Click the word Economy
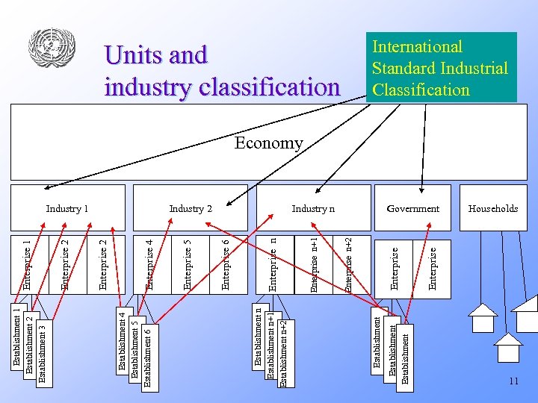click(268, 143)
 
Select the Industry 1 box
click(67, 208)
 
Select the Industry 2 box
click(191, 208)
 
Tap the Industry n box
click(313, 208)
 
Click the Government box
click(412, 208)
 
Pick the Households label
click(492, 208)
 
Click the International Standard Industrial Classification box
click(439, 68)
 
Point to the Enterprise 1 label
click(27, 264)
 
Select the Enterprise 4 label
click(149, 264)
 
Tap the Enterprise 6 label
click(226, 264)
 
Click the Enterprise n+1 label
click(313, 264)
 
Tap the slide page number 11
click(513, 381)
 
